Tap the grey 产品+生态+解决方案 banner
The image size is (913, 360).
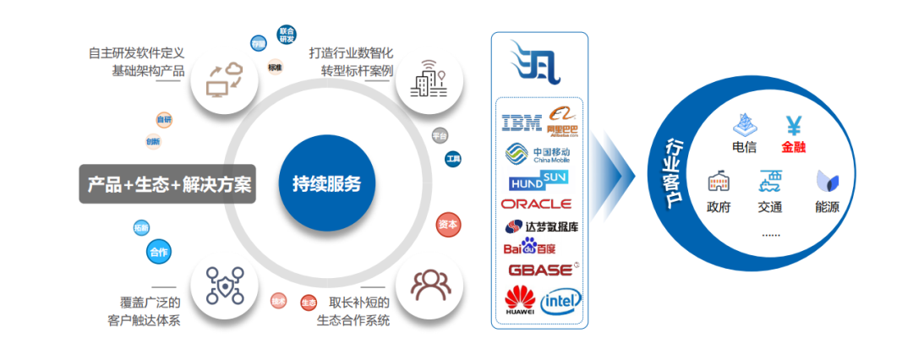click(x=167, y=183)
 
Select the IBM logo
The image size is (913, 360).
click(x=521, y=123)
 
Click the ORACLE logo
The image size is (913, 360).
click(x=536, y=204)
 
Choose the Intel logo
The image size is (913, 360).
click(x=561, y=299)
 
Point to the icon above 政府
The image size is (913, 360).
click(x=718, y=182)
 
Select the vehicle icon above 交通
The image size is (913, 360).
click(x=769, y=181)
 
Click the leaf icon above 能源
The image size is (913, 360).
click(x=827, y=182)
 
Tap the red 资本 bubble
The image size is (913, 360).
click(x=449, y=225)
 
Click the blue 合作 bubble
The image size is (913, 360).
click(x=158, y=252)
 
